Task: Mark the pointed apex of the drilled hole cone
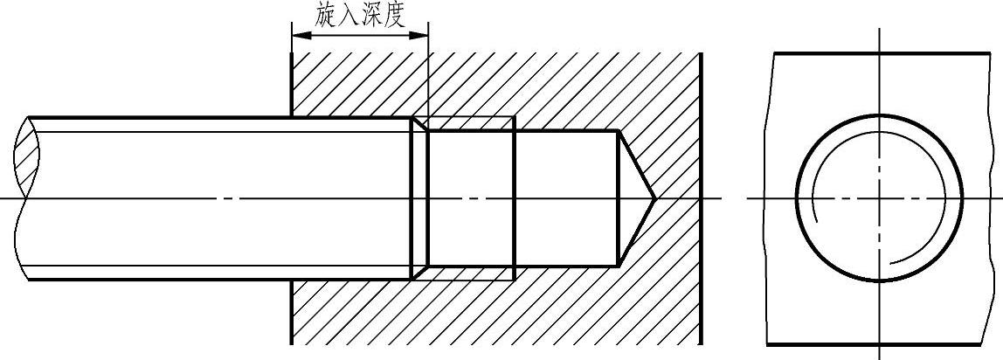pyautogui.click(x=654, y=198)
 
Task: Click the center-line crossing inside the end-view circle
pyautogui.click(x=880, y=198)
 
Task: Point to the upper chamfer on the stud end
pyautogui.click(x=419, y=125)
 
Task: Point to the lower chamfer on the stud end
pyautogui.click(x=419, y=273)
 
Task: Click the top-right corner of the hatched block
pyautogui.click(x=702, y=52)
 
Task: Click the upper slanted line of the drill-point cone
pyautogui.click(x=636, y=164)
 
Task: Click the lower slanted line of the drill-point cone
pyautogui.click(x=636, y=232)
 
